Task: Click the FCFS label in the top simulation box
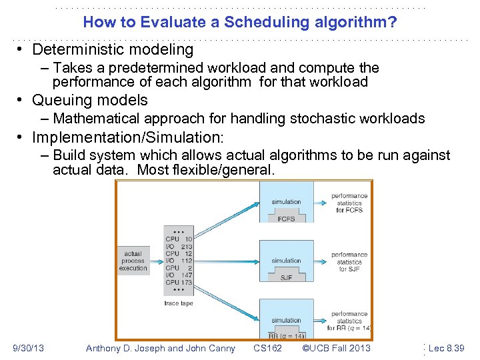(286, 219)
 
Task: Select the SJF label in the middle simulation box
(286, 277)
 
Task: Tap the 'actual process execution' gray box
(133, 261)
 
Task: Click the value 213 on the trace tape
(186, 247)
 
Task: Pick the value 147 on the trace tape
(186, 275)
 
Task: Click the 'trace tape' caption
(178, 303)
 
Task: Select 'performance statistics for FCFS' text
(349, 203)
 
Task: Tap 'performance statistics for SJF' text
(349, 261)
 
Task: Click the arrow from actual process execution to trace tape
(157, 261)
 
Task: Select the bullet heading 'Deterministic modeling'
(113, 49)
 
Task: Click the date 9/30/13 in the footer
(28, 348)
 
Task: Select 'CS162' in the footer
(268, 348)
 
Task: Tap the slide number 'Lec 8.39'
(446, 348)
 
